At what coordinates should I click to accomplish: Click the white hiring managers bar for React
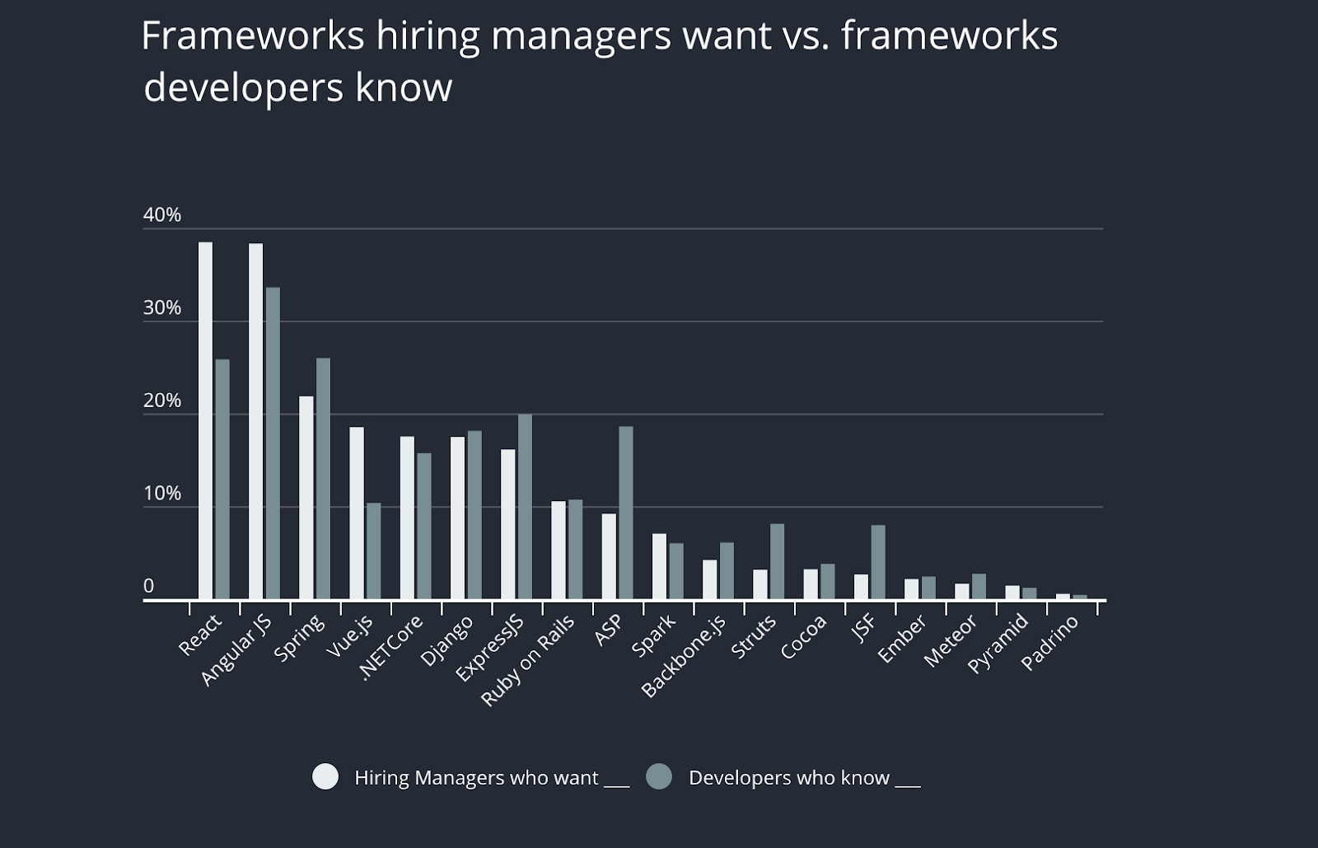point(205,420)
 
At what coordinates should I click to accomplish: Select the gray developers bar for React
point(222,479)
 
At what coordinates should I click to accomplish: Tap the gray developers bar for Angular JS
point(273,443)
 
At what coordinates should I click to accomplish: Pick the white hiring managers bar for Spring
point(306,498)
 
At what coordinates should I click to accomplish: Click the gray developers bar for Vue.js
point(374,550)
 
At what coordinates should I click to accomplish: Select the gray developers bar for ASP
point(626,513)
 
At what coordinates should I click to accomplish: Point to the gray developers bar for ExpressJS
point(525,507)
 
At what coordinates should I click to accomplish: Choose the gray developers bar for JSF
point(878,562)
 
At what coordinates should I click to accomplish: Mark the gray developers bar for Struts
point(777,561)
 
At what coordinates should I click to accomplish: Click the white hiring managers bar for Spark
point(659,566)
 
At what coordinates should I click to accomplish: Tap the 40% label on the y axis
point(162,215)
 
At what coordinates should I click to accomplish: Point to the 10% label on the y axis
point(162,494)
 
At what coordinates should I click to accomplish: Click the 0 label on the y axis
point(148,586)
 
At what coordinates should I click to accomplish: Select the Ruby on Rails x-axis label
point(528,660)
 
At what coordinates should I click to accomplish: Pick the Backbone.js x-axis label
point(684,656)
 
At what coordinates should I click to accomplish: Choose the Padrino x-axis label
point(1049,643)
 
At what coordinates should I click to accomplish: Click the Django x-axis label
point(446,640)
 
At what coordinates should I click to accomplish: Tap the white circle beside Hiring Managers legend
point(325,777)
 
